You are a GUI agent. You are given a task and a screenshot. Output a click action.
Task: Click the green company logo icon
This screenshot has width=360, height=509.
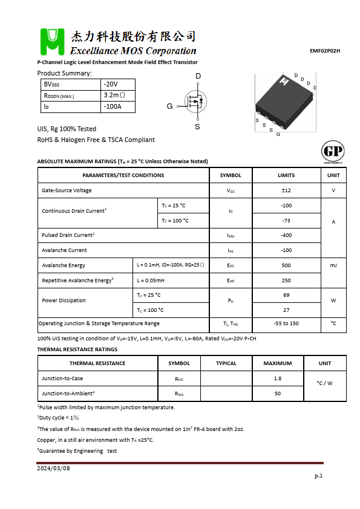tap(52, 42)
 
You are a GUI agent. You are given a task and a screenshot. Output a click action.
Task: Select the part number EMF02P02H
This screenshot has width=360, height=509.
tap(324, 51)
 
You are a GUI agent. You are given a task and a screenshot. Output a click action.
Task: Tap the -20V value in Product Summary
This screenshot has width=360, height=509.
tap(111, 84)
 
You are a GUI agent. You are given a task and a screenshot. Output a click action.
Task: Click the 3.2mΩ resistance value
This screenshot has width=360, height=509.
tap(114, 96)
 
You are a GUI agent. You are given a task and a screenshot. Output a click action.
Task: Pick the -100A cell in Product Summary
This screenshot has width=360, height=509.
tap(113, 107)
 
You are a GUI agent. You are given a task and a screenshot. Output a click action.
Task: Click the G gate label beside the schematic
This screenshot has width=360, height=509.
tap(169, 106)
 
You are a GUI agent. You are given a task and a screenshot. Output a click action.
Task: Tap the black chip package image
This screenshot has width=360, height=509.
tap(283, 101)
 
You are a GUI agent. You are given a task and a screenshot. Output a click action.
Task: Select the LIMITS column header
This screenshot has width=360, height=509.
tap(286, 175)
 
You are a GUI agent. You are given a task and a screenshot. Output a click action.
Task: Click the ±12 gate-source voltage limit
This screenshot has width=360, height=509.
tap(286, 190)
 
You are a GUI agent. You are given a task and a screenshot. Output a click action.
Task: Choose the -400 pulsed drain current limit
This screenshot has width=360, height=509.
tap(286, 235)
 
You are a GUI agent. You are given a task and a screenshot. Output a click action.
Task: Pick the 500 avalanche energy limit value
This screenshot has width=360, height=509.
tap(286, 265)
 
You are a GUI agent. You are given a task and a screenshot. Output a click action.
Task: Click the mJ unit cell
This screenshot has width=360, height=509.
tap(333, 265)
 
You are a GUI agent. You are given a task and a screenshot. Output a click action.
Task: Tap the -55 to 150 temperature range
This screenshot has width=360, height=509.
tap(286, 324)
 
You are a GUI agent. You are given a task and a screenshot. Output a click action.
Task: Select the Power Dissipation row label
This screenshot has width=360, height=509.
tap(64, 300)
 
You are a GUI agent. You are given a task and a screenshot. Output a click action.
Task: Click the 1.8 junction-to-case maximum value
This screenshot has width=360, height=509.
tap(278, 378)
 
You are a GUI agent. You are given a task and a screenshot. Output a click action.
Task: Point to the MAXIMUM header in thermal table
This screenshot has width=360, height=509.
tap(278, 363)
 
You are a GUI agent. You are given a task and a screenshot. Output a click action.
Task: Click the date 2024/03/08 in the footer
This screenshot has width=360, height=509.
tap(53, 468)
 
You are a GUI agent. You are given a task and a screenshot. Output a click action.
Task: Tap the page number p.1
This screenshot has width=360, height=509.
tap(318, 476)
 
